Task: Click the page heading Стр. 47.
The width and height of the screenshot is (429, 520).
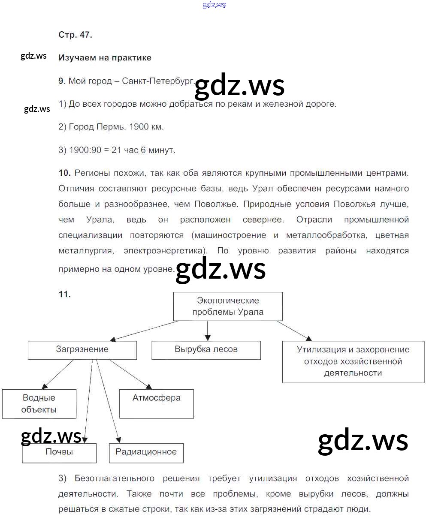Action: click(x=75, y=35)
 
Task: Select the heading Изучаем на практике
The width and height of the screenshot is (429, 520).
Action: click(x=105, y=57)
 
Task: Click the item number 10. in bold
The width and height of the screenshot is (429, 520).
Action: click(x=64, y=173)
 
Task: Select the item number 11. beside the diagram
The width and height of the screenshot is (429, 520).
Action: click(x=64, y=294)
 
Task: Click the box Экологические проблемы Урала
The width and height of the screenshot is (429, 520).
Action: click(x=228, y=306)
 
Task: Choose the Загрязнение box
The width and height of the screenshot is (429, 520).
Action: click(x=82, y=350)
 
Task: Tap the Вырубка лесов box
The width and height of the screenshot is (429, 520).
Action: click(x=206, y=350)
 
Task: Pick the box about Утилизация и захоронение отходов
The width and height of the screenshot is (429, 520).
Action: click(x=353, y=361)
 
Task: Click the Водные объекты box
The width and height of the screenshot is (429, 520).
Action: click(x=39, y=404)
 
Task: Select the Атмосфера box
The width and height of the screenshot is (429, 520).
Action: click(x=156, y=403)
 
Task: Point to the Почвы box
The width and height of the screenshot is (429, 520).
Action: click(x=59, y=453)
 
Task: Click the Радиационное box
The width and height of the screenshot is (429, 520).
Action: click(x=146, y=453)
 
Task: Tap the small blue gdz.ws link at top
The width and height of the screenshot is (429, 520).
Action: click(x=214, y=5)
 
